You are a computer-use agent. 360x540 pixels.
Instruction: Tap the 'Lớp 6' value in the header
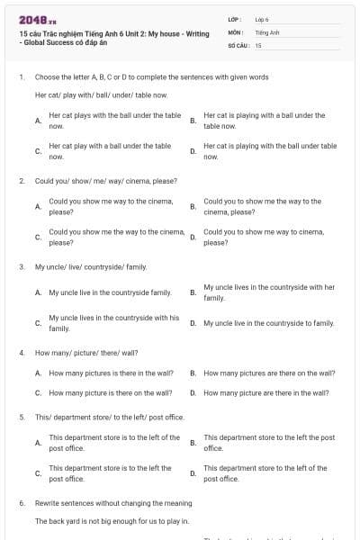pos(262,18)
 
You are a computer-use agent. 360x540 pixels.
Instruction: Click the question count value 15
pos(258,44)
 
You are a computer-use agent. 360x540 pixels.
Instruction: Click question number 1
pos(21,77)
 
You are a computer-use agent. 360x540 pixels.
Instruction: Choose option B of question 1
pos(265,121)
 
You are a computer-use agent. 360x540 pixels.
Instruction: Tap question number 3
pos(21,266)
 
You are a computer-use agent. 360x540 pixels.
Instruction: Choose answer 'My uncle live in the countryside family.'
pos(110,292)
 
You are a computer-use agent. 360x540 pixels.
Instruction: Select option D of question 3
pos(268,323)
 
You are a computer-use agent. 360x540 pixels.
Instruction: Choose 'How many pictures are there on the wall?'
pos(269,373)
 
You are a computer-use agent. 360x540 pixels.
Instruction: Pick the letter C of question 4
pos(38,392)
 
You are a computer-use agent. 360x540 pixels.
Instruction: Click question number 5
pos(21,417)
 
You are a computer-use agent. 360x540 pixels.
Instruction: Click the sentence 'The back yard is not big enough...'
pos(112,521)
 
